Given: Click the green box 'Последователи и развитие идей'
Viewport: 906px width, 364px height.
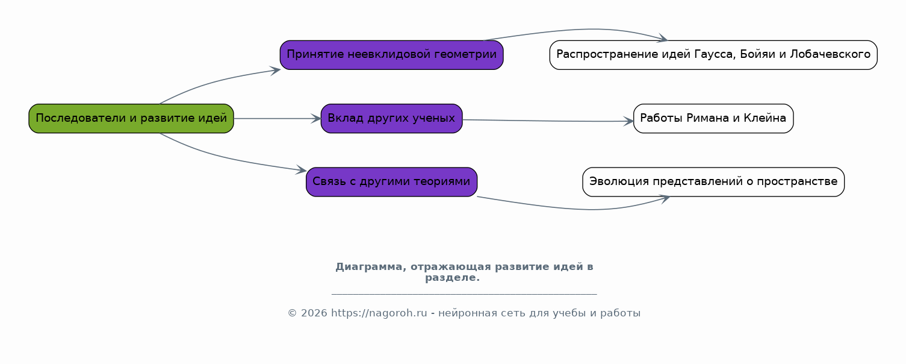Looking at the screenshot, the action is click(131, 118).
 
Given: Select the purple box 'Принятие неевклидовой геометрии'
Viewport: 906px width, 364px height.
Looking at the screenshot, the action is click(391, 55).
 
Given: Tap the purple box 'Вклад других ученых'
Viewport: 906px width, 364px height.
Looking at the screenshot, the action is click(391, 118).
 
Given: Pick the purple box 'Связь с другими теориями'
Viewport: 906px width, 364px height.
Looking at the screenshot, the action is click(391, 182).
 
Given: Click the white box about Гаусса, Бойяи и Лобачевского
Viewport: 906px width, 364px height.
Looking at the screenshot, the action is click(713, 55).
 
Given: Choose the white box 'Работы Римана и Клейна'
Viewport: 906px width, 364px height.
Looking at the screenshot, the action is click(713, 118).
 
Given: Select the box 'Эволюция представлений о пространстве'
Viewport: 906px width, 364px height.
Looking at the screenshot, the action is click(713, 182).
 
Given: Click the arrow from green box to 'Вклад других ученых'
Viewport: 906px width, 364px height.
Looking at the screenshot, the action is click(278, 119).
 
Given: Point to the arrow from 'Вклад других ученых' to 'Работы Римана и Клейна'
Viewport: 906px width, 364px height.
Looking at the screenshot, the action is click(548, 121).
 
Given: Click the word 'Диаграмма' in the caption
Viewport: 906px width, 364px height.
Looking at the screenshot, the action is click(370, 267).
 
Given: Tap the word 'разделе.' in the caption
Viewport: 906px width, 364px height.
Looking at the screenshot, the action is click(452, 278).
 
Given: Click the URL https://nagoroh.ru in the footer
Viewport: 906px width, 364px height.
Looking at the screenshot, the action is click(379, 313).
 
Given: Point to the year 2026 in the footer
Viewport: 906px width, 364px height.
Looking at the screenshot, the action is click(314, 313).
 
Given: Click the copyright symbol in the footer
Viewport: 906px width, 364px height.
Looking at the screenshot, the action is click(292, 313).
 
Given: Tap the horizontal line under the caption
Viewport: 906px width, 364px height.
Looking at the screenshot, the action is click(464, 294).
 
